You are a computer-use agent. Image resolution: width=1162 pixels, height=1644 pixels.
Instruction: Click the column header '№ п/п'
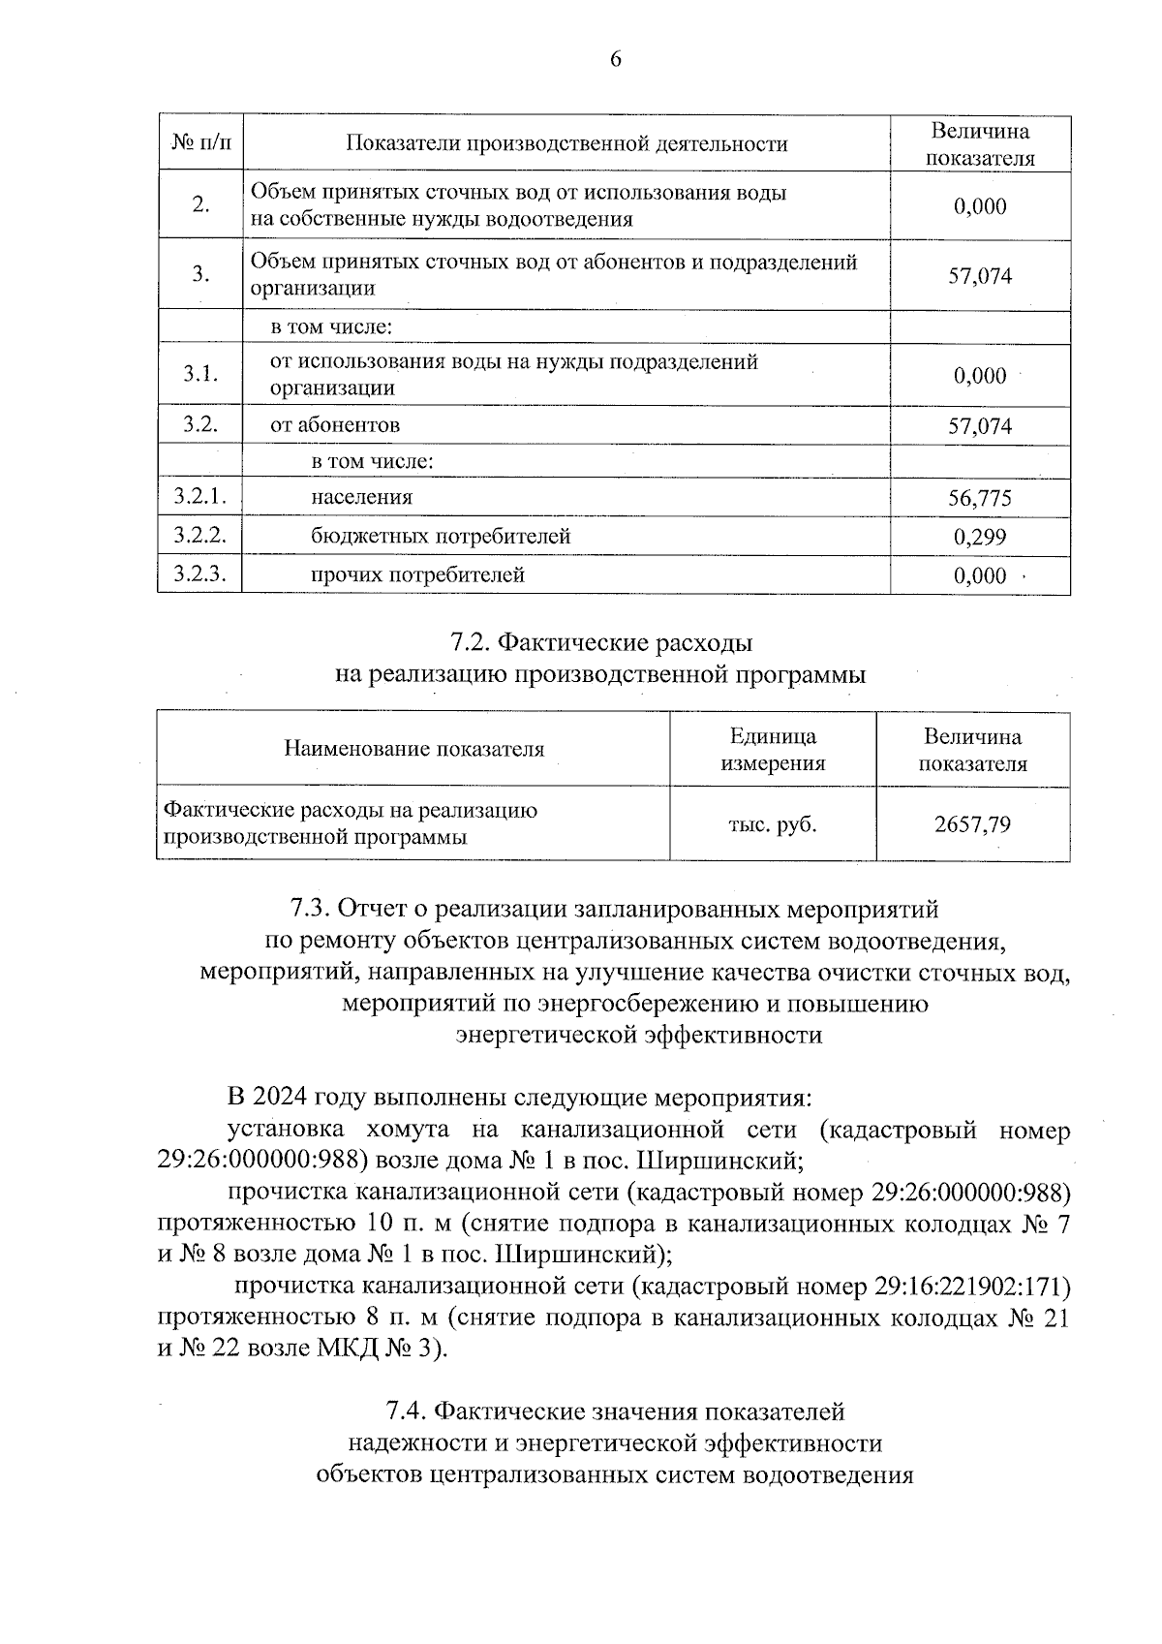point(201,144)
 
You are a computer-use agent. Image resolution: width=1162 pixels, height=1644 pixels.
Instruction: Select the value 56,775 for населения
point(979,498)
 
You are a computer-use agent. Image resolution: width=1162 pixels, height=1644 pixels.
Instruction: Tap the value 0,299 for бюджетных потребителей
point(979,537)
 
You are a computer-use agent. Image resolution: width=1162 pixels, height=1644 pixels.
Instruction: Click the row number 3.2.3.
point(199,574)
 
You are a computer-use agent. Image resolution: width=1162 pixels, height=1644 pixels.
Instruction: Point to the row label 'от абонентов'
point(335,425)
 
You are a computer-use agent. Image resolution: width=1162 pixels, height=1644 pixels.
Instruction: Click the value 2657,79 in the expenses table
point(972,824)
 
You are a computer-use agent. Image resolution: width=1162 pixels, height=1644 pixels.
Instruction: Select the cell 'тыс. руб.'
point(772,824)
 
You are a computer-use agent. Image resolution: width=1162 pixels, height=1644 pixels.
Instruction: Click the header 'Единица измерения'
point(773,750)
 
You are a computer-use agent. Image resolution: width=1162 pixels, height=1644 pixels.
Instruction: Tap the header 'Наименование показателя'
point(413,749)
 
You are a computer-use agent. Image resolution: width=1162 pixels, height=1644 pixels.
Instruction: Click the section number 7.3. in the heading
point(313,910)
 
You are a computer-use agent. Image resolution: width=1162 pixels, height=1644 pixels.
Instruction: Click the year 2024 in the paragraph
point(281,1099)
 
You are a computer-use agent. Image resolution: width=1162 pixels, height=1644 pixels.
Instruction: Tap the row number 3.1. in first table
point(199,375)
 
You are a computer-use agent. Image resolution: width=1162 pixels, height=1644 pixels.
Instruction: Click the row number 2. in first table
point(200,205)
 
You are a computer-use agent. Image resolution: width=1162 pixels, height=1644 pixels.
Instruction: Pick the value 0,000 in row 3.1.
point(979,376)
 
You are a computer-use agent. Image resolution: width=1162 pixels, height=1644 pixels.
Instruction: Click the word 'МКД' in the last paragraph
point(344,1349)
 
